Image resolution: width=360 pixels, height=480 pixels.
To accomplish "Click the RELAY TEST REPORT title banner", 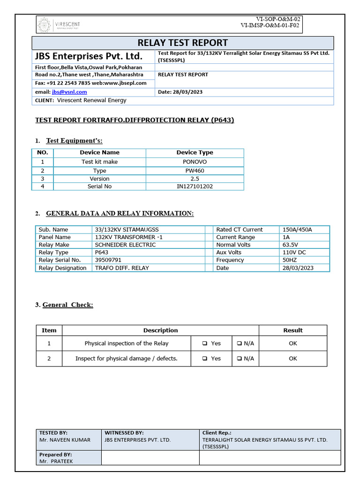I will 183,43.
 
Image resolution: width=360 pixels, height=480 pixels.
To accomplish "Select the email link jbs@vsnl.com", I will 69,92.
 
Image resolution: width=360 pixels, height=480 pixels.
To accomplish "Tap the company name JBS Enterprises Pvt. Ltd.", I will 88,56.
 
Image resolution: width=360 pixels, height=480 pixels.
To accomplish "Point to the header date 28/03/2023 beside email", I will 180,92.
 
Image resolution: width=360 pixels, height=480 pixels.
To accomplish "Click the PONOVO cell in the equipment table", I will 195,162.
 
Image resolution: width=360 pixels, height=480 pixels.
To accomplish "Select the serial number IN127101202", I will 195,186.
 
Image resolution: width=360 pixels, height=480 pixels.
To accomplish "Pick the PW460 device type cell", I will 195,171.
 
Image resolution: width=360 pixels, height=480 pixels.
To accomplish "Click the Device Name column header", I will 99,152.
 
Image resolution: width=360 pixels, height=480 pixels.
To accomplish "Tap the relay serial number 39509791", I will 108,260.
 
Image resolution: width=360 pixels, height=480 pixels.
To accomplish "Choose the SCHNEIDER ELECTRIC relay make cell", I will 125,245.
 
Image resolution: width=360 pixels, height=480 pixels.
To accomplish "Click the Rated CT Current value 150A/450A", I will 297,230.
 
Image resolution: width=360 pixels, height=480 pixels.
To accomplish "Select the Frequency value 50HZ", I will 290,260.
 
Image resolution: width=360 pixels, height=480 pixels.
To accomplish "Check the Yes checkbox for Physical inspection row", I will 205,344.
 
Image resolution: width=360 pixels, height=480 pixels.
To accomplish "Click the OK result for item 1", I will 293,344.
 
